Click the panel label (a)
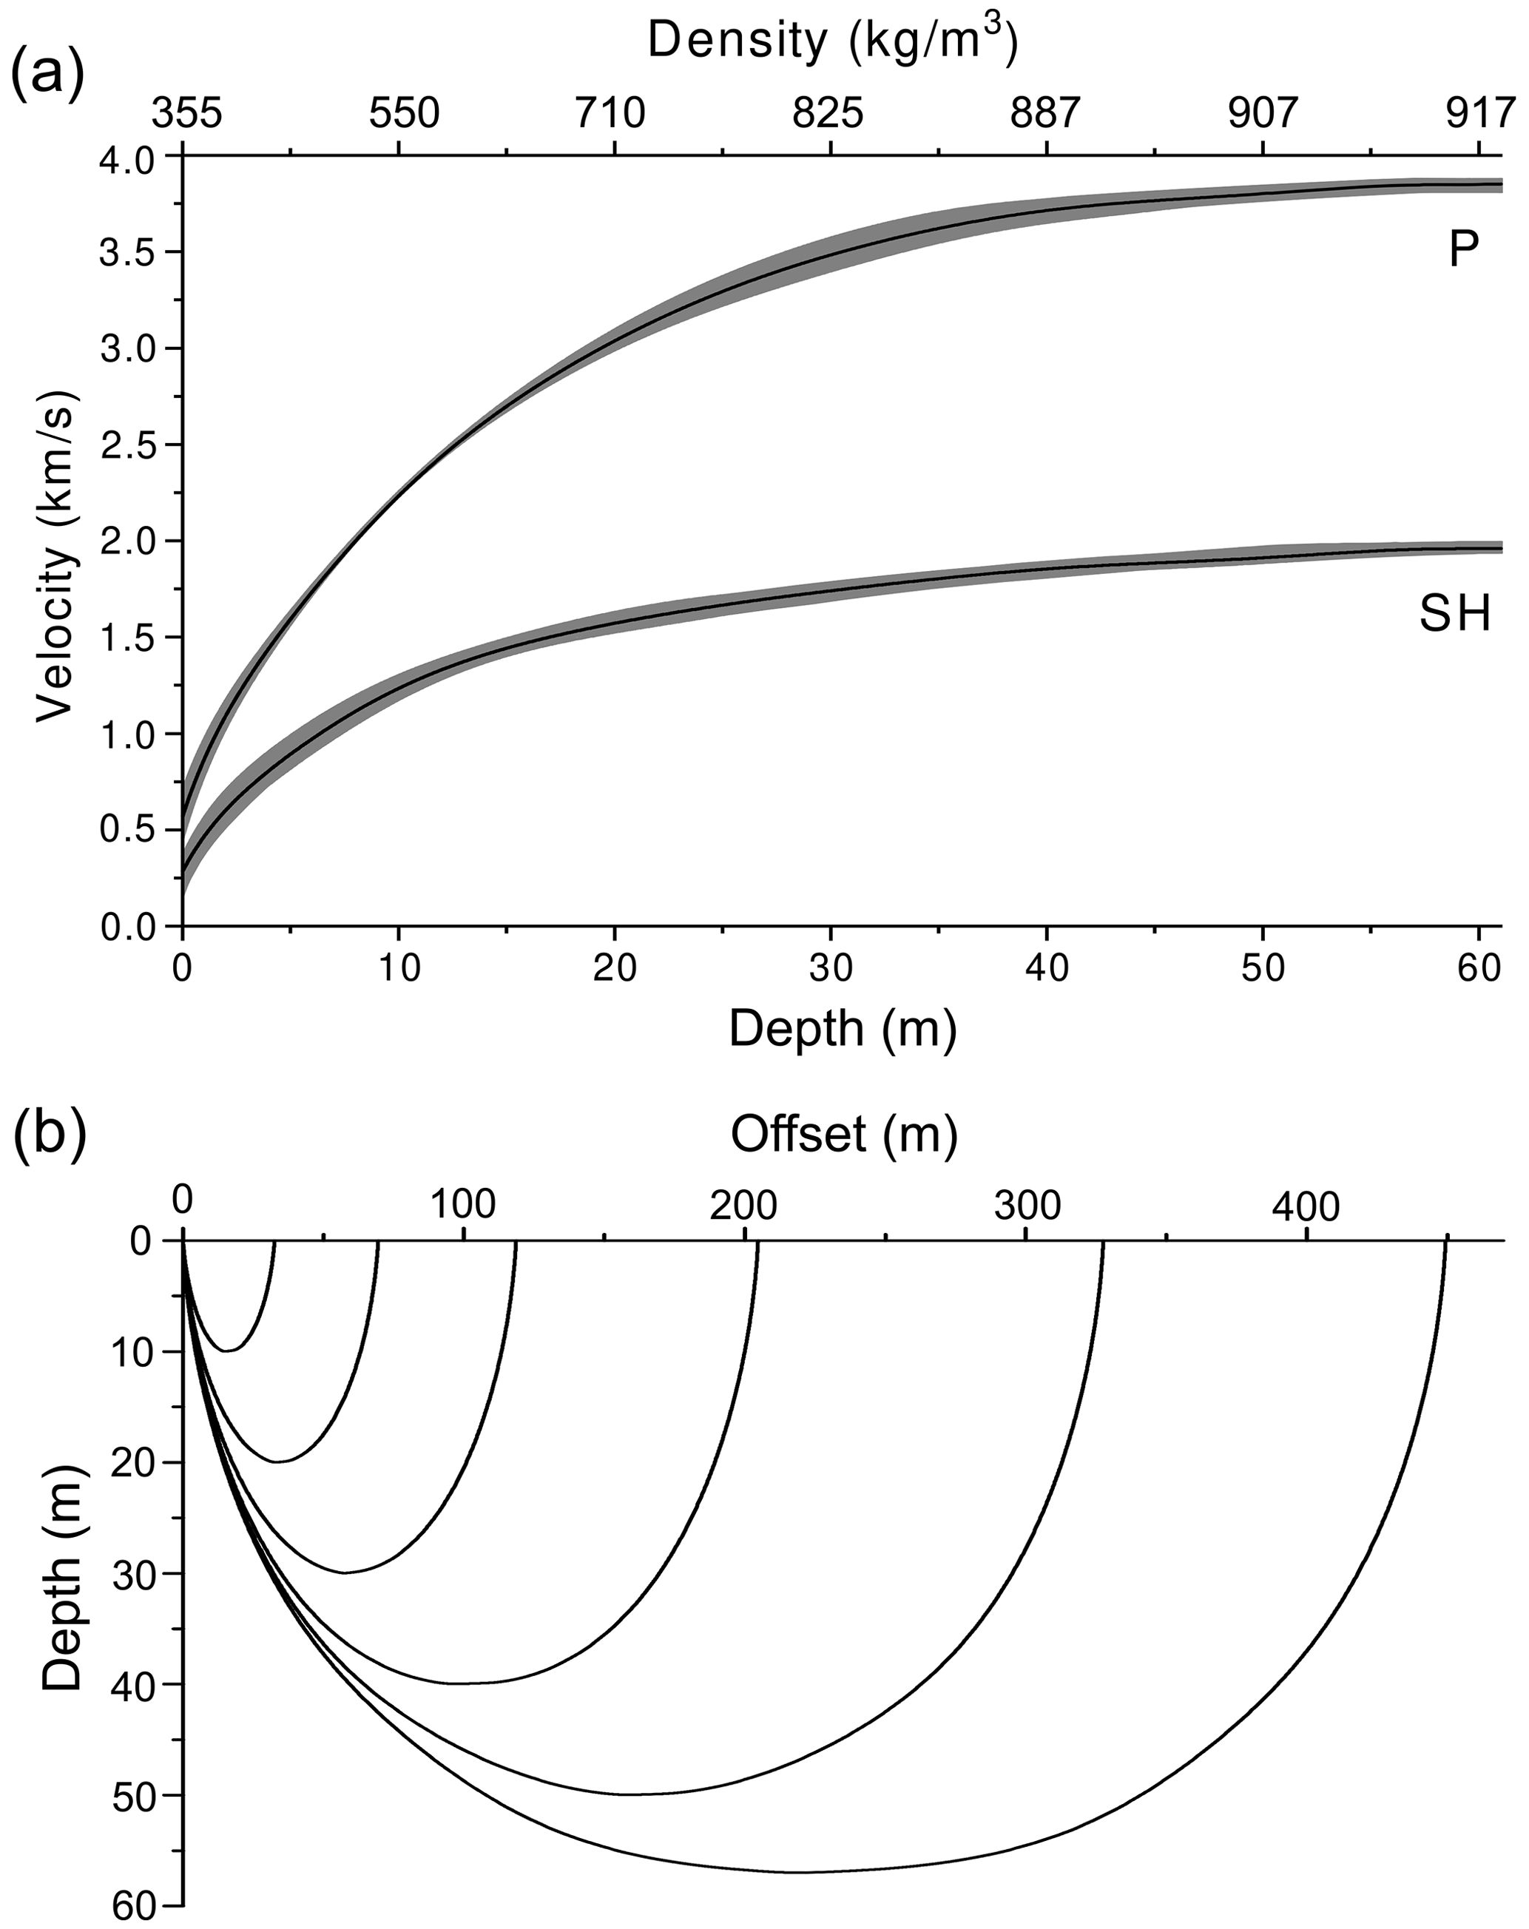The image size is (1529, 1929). point(47,73)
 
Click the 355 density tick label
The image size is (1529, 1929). point(187,115)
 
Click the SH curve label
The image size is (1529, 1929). point(1456,615)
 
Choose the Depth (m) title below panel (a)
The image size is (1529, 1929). point(843,1029)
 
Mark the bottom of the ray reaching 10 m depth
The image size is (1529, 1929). point(230,1350)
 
